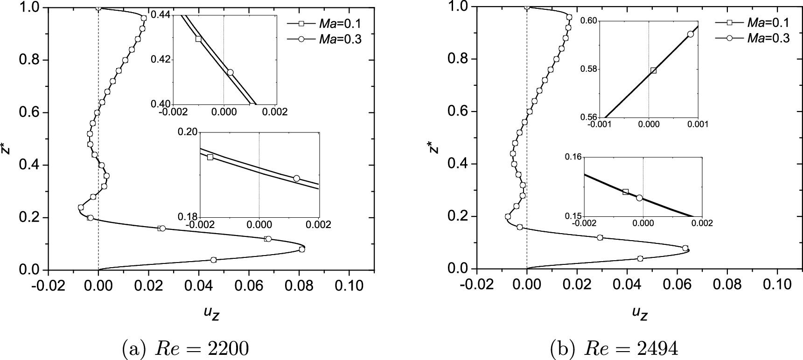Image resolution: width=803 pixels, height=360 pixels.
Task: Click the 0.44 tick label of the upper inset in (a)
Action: point(161,15)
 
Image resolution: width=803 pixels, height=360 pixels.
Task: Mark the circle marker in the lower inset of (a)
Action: point(296,178)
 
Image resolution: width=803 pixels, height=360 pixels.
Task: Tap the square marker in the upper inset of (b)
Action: point(653,70)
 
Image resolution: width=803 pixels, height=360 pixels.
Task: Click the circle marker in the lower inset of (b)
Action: point(639,198)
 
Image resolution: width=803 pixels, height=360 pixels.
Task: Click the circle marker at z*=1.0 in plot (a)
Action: point(98,7)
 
